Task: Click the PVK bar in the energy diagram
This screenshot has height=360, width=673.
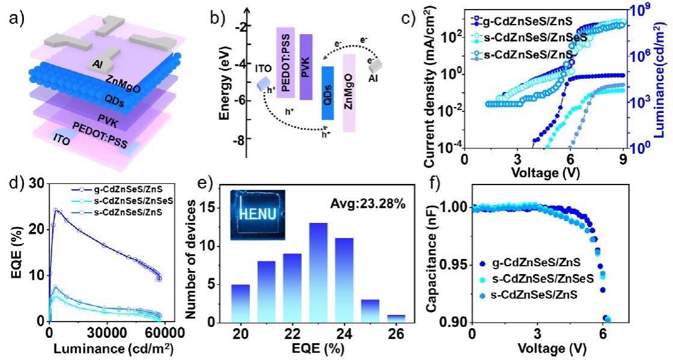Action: pyautogui.click(x=305, y=66)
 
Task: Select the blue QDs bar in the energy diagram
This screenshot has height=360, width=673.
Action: pyautogui.click(x=327, y=93)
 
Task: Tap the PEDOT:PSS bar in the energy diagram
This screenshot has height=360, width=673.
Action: pyautogui.click(x=285, y=62)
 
